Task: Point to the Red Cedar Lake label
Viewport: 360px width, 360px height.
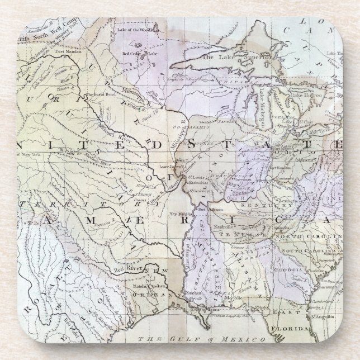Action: coord(137,54)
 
